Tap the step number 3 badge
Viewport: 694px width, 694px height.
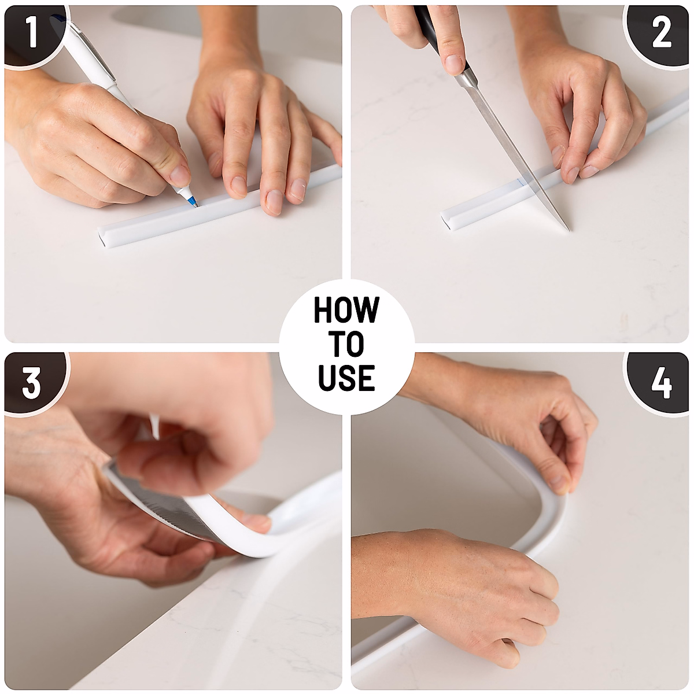(x=32, y=382)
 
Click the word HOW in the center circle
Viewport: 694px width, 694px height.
(x=346, y=310)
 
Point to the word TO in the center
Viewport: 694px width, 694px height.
(x=346, y=344)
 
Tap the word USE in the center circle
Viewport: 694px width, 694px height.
(x=346, y=377)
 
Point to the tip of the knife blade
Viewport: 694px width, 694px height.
(x=567, y=230)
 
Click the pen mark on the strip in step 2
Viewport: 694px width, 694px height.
(x=522, y=184)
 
